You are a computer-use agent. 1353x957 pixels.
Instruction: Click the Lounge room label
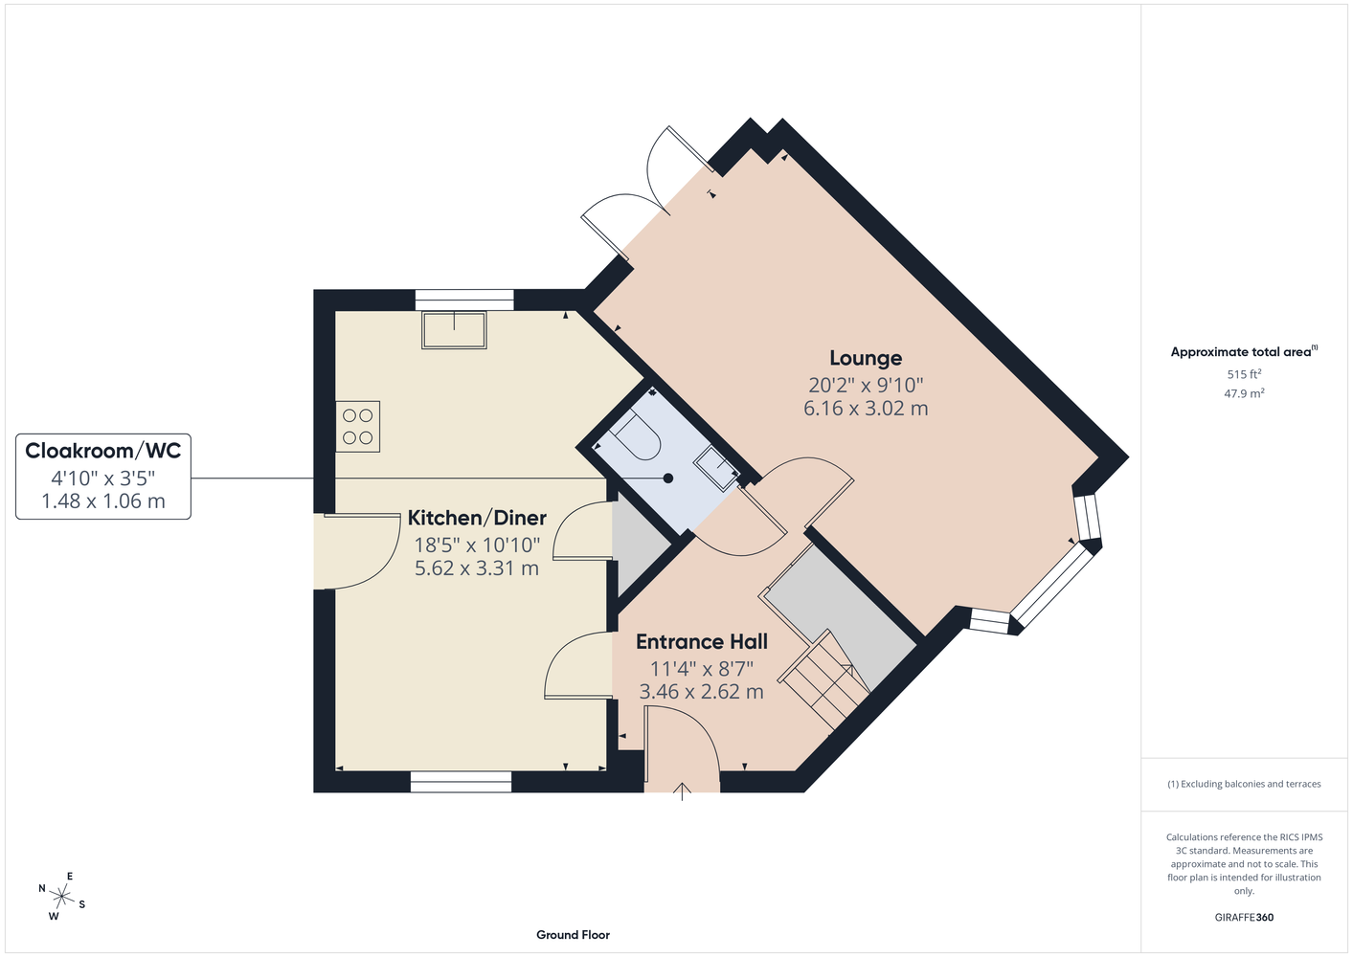(x=866, y=358)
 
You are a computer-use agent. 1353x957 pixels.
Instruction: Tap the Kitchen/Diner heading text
(x=477, y=518)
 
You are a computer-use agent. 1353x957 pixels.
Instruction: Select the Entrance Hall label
(x=701, y=641)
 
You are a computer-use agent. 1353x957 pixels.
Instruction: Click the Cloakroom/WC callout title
(x=102, y=451)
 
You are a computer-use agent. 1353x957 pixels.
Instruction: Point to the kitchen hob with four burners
(x=358, y=427)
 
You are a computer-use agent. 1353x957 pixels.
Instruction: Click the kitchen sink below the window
(x=454, y=330)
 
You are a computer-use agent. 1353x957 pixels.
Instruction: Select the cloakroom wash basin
(x=717, y=468)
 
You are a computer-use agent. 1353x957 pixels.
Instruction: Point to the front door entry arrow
(x=682, y=791)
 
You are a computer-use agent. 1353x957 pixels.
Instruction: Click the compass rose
(x=61, y=897)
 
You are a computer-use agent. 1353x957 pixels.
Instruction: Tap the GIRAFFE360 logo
(x=1244, y=917)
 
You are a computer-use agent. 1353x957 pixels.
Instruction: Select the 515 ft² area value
(x=1244, y=374)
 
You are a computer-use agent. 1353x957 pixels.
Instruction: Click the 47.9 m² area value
(x=1244, y=393)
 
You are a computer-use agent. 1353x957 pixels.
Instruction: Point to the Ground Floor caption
(x=574, y=935)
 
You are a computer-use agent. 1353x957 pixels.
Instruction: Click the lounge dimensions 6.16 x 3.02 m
(x=866, y=408)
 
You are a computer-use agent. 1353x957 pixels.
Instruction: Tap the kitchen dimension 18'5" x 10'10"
(x=477, y=545)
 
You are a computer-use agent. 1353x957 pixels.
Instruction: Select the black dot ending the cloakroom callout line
(x=668, y=478)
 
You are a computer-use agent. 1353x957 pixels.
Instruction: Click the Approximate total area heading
(x=1244, y=351)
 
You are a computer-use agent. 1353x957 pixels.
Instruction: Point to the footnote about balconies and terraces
(x=1244, y=784)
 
